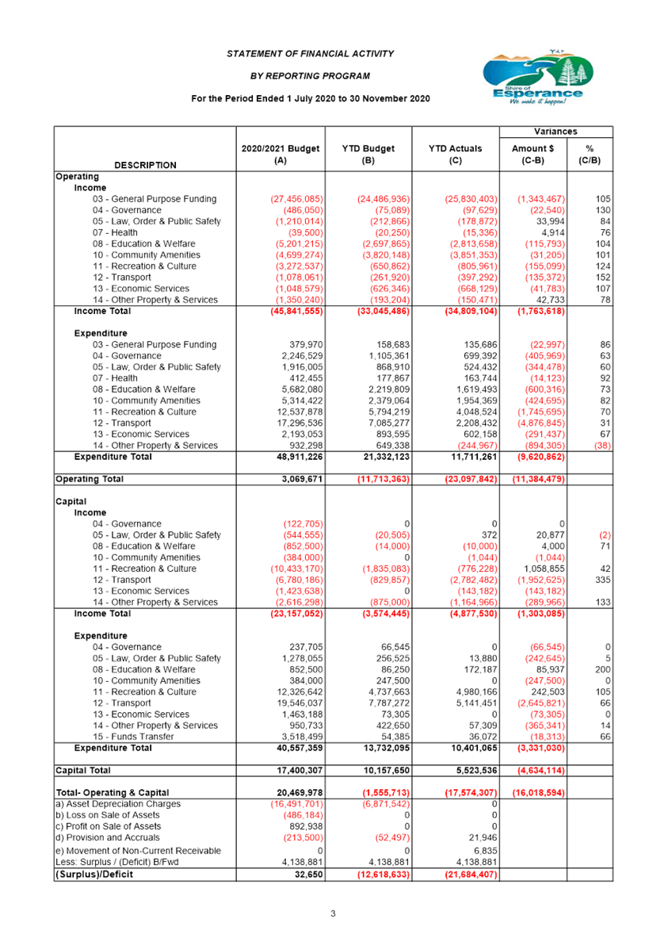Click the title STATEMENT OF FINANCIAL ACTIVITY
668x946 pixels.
[311, 54]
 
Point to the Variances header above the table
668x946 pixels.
[555, 132]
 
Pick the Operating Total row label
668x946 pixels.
[89, 479]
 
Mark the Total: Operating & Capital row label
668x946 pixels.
[113, 793]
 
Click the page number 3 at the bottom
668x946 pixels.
[334, 913]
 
